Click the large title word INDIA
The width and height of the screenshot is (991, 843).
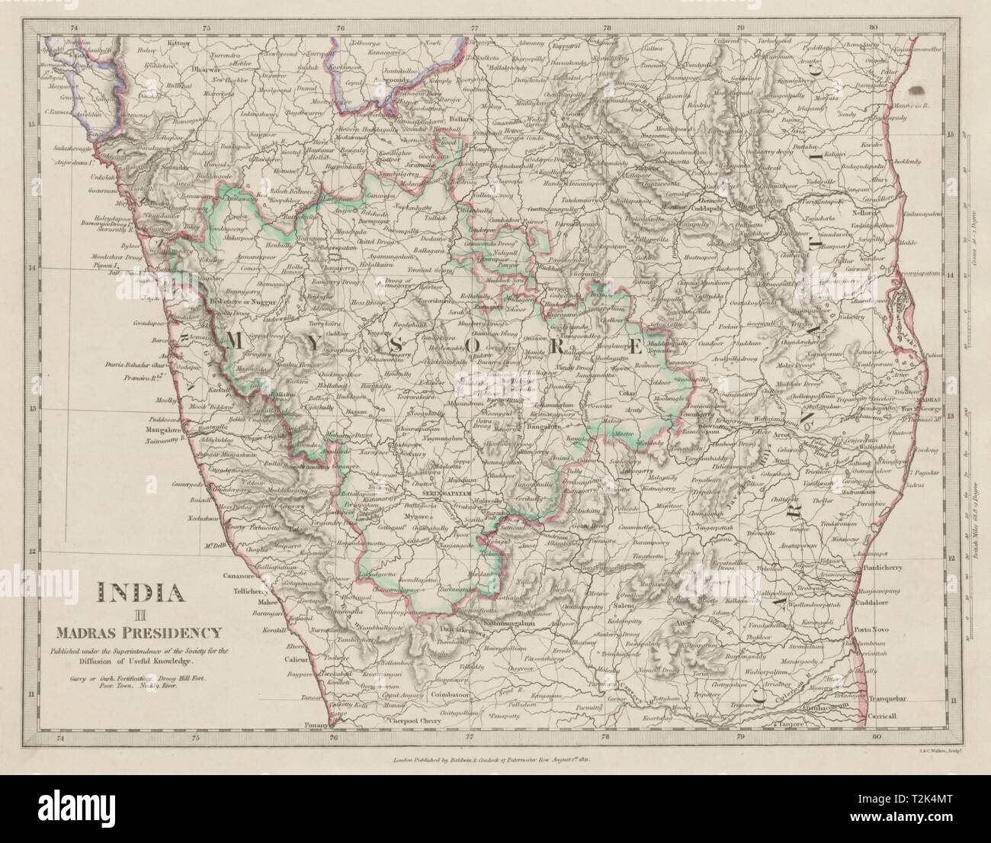pyautogui.click(x=138, y=593)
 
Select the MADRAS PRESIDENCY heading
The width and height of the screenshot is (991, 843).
pyautogui.click(x=138, y=631)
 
